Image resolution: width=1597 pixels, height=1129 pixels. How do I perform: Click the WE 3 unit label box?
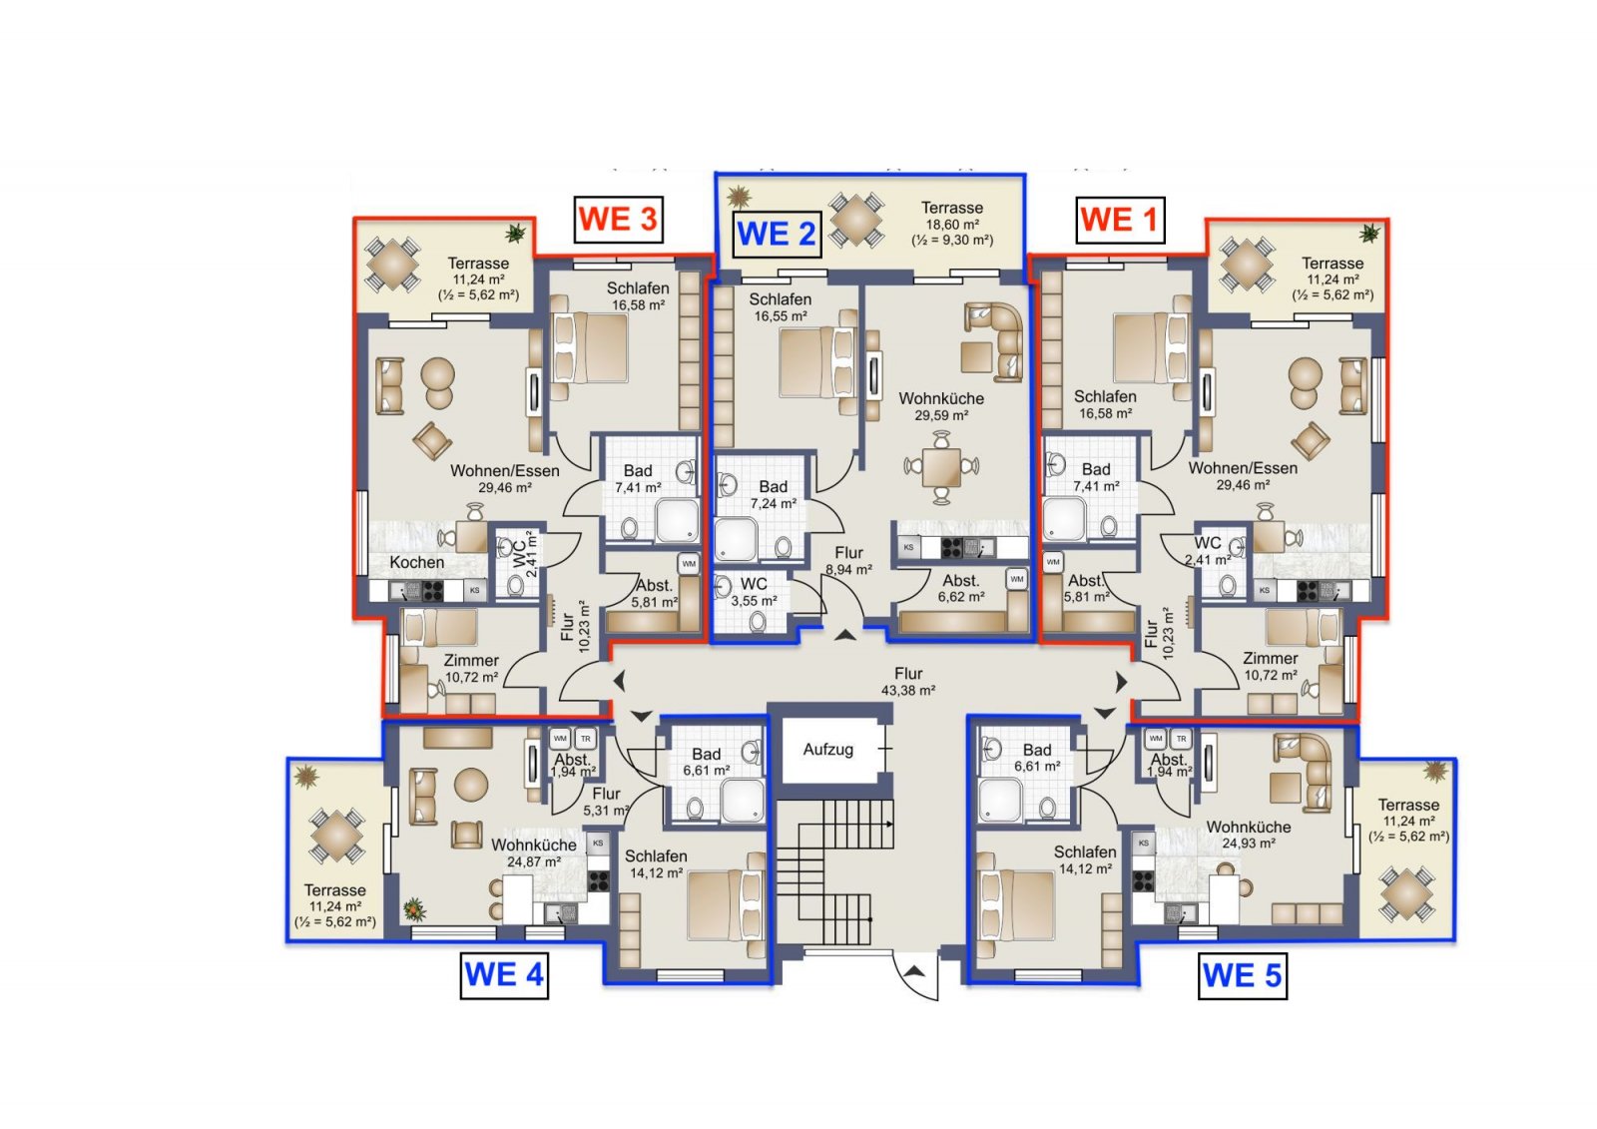point(618,219)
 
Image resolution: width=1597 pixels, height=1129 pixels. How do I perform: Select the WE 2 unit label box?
point(777,234)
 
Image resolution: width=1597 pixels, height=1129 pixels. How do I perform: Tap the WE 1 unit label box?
point(1120,220)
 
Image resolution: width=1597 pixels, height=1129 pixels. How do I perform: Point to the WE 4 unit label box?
point(504,975)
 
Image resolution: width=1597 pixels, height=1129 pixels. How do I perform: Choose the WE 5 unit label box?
point(1242,975)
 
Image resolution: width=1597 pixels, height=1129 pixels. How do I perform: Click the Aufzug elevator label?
point(827,750)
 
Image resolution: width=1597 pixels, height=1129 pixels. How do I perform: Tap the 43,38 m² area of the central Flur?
point(908,691)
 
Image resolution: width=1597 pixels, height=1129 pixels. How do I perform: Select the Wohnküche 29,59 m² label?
point(941,406)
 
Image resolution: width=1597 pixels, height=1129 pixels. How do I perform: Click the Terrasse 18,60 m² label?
point(952,224)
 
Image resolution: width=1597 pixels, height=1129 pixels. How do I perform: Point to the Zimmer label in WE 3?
point(471,661)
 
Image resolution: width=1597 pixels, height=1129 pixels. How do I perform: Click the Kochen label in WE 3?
point(417,562)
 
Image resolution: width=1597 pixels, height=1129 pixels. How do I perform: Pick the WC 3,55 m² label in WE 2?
point(754,592)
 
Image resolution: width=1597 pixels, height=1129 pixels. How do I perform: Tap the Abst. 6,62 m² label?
point(961,588)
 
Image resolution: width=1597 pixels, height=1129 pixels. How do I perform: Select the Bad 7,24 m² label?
point(773,494)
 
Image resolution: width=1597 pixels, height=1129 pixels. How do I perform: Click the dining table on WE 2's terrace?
point(856,219)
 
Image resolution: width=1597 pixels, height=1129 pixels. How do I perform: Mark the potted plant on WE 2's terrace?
point(740,196)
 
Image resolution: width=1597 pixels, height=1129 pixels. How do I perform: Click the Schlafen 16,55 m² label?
point(780,307)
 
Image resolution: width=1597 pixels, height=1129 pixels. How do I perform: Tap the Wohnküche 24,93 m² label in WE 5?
point(1249,836)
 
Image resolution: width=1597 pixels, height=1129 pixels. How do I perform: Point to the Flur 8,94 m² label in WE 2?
point(849,561)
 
